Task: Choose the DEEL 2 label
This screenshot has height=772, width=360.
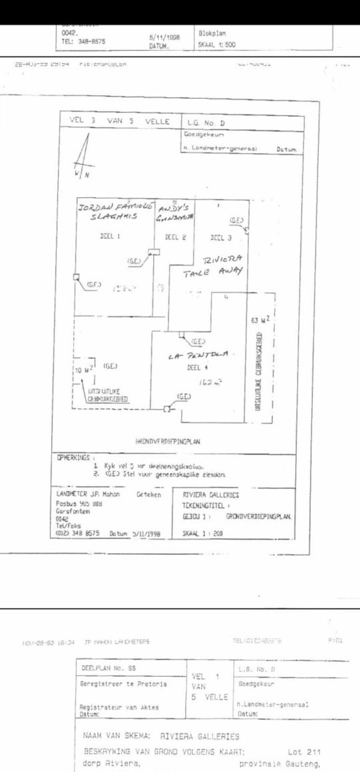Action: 172,237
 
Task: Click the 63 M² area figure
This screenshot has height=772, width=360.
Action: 260,320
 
